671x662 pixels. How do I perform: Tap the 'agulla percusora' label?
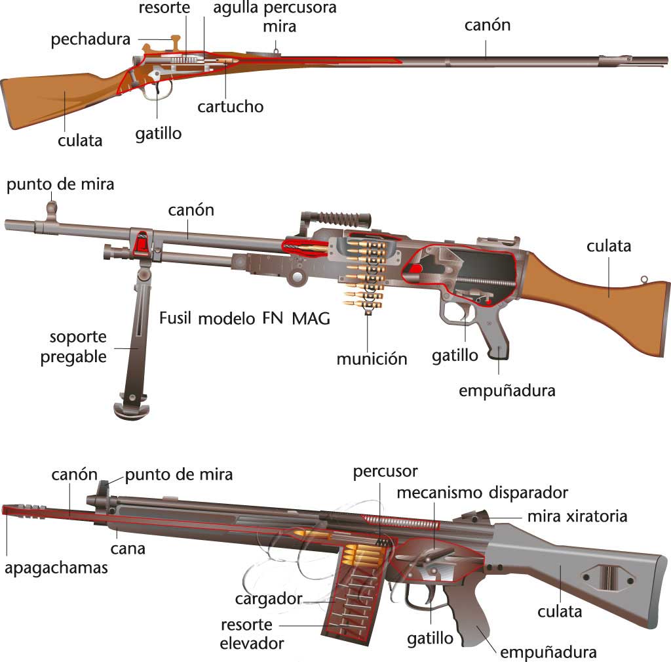(x=275, y=9)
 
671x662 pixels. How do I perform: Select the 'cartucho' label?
(x=231, y=106)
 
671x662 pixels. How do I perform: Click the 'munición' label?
(x=372, y=358)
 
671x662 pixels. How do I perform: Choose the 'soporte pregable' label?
(x=73, y=348)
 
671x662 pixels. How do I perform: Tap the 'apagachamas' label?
(x=56, y=568)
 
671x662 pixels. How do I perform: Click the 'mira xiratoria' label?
(x=577, y=516)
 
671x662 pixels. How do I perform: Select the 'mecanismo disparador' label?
(x=482, y=492)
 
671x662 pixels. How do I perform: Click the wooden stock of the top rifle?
(x=52, y=98)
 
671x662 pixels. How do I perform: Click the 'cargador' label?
(x=269, y=598)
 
